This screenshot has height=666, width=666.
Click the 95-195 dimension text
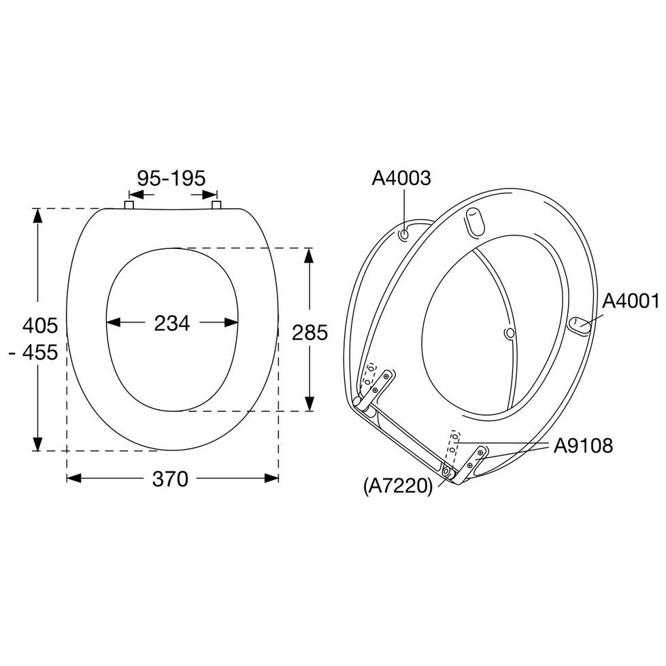pyautogui.click(x=171, y=178)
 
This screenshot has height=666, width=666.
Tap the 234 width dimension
pyautogui.click(x=171, y=323)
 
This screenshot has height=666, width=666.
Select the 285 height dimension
pyautogui.click(x=310, y=333)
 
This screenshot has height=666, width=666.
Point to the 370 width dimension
pyautogui.click(x=170, y=479)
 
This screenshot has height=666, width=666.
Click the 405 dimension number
pyautogui.click(x=40, y=326)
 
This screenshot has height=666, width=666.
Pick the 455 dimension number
pyautogui.click(x=40, y=352)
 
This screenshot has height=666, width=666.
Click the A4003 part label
pyautogui.click(x=401, y=178)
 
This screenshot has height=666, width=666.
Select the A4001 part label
pyautogui.click(x=631, y=301)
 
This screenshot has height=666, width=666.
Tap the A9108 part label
pyautogui.click(x=583, y=446)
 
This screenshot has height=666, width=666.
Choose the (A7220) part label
pyautogui.click(x=398, y=486)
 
